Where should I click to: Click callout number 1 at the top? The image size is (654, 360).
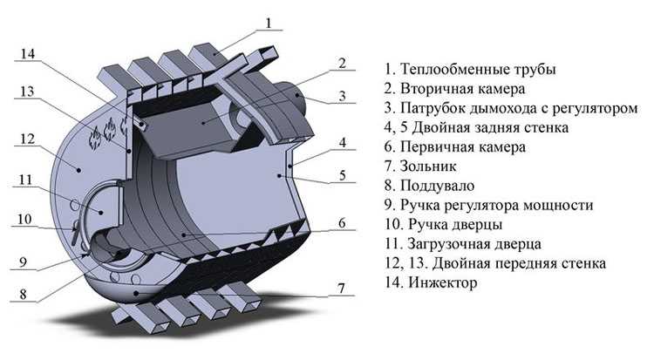click(270, 22)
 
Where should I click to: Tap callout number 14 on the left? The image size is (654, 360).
click(28, 54)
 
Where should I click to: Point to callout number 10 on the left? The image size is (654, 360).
click(23, 219)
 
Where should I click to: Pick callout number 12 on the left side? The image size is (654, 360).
click(27, 139)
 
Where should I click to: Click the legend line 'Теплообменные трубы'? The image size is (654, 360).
click(469, 69)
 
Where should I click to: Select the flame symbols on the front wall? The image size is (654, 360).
click(107, 133)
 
